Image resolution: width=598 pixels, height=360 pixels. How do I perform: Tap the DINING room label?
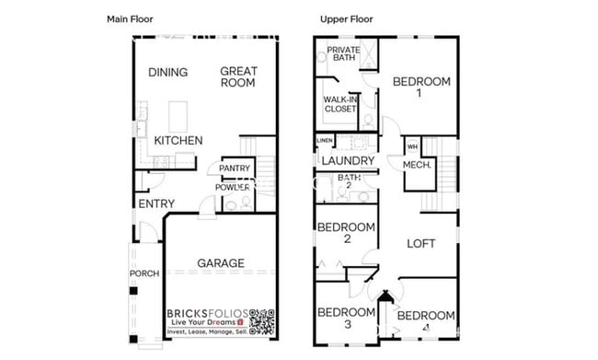coord(167,73)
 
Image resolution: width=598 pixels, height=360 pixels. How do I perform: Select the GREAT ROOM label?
coord(238,76)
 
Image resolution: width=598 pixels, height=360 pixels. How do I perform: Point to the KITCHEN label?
coord(178,141)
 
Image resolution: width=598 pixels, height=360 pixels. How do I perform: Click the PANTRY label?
coord(235,168)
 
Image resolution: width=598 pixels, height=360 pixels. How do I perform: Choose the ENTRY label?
coord(155,203)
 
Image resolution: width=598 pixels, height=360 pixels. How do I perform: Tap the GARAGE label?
coord(221,263)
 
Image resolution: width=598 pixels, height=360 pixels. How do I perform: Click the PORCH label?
coord(144,273)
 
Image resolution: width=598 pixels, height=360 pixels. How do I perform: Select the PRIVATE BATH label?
coord(343,54)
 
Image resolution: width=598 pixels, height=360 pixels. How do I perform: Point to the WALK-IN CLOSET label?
coord(340,103)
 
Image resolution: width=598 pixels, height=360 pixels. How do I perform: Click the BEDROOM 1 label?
coord(421,87)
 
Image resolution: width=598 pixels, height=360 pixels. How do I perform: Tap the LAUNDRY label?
coord(347,161)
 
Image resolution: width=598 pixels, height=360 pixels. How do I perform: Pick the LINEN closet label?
coord(325,141)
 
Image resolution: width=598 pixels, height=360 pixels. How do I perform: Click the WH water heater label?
coord(411,146)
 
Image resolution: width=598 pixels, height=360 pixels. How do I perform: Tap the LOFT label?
coord(421,243)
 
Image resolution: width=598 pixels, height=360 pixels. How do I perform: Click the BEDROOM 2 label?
coord(346,233)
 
